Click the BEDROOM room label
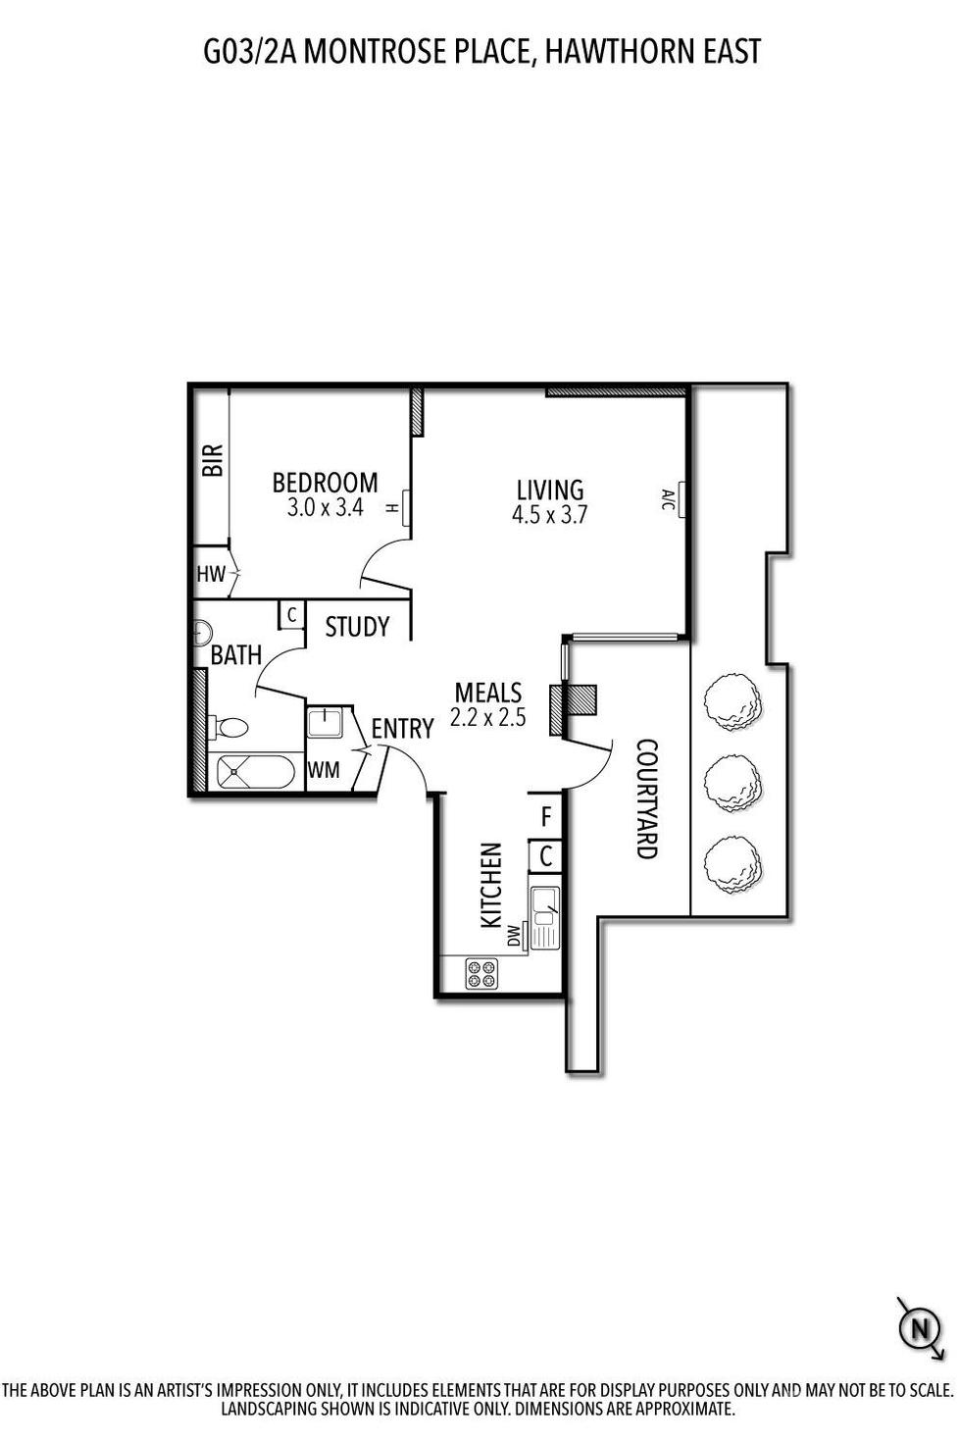[x=325, y=483]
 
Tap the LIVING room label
[x=549, y=489]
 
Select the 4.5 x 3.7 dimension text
[x=549, y=515]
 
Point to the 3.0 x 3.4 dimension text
[x=325, y=508]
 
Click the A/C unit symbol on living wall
[x=679, y=499]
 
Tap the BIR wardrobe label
[x=213, y=460]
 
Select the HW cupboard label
[x=211, y=575]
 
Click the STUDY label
[x=357, y=627]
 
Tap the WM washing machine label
[x=324, y=771]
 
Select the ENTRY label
[x=402, y=729]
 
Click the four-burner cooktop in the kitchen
[x=482, y=973]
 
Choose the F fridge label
[x=546, y=816]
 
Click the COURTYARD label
[x=646, y=798]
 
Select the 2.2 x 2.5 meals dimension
[x=487, y=718]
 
